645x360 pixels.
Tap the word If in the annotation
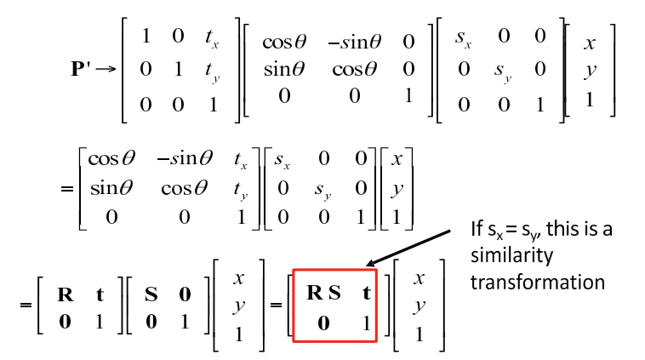[x=477, y=229]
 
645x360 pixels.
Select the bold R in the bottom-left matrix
[x=64, y=295]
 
